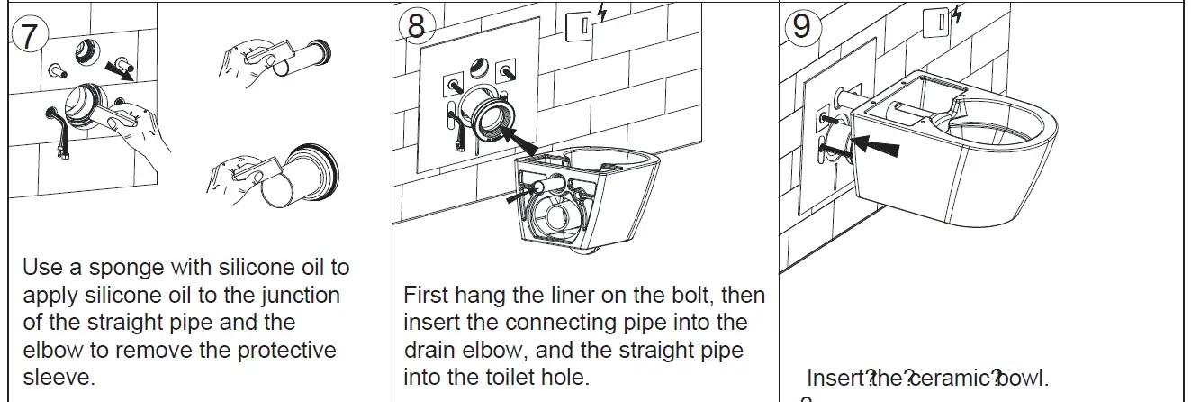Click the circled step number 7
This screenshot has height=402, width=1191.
click(29, 35)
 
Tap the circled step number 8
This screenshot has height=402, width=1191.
click(415, 26)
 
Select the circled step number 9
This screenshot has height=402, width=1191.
click(800, 26)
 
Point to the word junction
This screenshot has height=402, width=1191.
click(295, 295)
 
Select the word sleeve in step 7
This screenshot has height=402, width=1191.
click(58, 377)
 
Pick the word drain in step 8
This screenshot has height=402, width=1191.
click(430, 350)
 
